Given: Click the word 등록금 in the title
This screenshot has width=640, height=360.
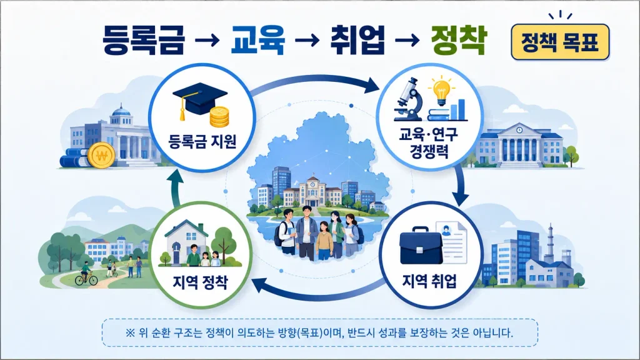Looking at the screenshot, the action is (x=143, y=40).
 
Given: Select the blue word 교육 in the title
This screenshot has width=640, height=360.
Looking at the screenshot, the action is (x=257, y=40).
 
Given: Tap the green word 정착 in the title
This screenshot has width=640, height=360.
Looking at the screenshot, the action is (x=459, y=40).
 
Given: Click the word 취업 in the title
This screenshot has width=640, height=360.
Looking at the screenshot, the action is (x=357, y=40).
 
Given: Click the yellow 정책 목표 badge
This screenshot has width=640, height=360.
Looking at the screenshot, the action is (x=560, y=42).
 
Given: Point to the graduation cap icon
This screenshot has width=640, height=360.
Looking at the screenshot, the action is (x=198, y=101).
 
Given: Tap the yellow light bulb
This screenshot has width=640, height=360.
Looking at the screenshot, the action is (x=441, y=90).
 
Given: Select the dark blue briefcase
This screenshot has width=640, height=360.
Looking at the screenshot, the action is (x=421, y=246).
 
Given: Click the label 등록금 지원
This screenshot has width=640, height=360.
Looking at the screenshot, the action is (x=202, y=142).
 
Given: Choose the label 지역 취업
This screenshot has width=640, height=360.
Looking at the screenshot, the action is (x=429, y=281).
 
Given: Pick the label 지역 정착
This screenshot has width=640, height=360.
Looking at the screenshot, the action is (x=200, y=282).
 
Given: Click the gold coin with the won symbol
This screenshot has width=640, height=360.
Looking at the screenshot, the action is (x=101, y=156).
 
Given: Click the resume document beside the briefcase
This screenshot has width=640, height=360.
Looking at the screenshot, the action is (x=451, y=242).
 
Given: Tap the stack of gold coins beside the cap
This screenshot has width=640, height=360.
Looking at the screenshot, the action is (x=219, y=117).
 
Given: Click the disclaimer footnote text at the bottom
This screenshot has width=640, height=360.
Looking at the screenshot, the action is (x=319, y=332).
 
